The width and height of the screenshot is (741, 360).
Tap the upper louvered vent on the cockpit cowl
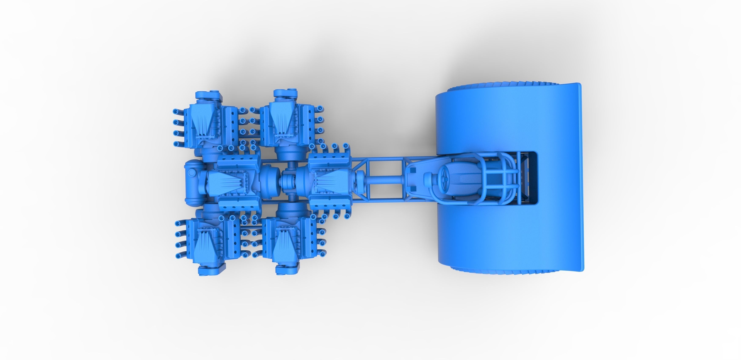click(x=413, y=171)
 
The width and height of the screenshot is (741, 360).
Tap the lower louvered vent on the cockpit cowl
click(x=413, y=196)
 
